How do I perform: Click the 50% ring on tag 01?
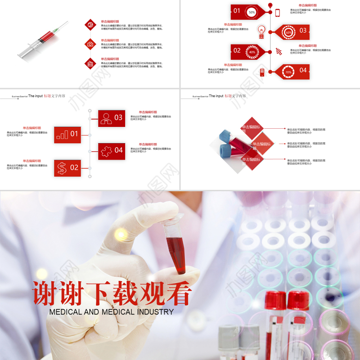tap(252, 13)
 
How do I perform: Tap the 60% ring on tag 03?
tap(288, 32)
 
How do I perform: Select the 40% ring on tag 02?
tap(252, 52)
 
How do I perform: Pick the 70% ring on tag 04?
tap(288, 72)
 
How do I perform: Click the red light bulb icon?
tap(261, 31)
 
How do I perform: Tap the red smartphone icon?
tap(278, 13)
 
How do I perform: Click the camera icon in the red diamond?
tap(90, 44)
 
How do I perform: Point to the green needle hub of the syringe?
tap(56, 31)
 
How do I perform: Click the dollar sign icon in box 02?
tap(62, 168)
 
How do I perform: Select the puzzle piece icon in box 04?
tap(106, 150)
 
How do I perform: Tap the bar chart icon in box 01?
tap(62, 134)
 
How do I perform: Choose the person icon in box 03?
tap(106, 118)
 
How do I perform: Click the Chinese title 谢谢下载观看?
tap(112, 293)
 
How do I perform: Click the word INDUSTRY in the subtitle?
tap(155, 311)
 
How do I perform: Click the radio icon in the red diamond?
tap(90, 63)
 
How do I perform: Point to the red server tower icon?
tap(262, 72)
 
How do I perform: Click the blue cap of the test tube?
tap(225, 135)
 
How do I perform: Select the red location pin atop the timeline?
tap(270, 5)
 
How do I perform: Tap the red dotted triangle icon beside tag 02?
tap(279, 51)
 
